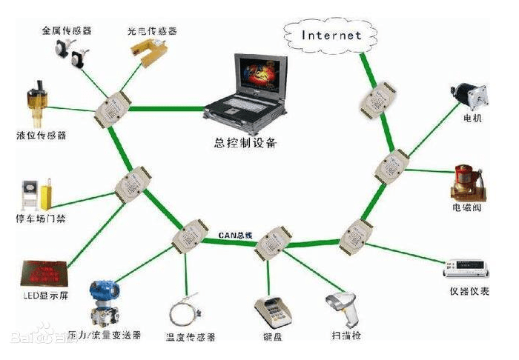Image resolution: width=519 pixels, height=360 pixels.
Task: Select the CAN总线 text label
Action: (235, 235)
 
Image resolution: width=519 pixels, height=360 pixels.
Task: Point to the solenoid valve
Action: (467, 182)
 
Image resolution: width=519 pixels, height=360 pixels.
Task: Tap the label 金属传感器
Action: (67, 32)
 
